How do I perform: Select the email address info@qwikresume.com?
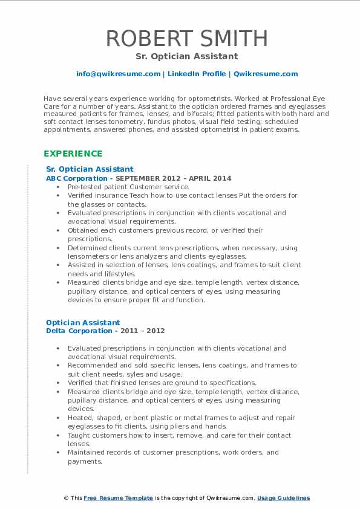pos(118,74)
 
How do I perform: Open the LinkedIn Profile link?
pos(197,74)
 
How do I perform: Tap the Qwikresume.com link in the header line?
pos(266,74)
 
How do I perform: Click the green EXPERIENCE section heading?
pos(73,154)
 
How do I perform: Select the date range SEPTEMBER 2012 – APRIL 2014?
pos(173,178)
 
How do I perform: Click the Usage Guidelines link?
pos(283,498)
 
